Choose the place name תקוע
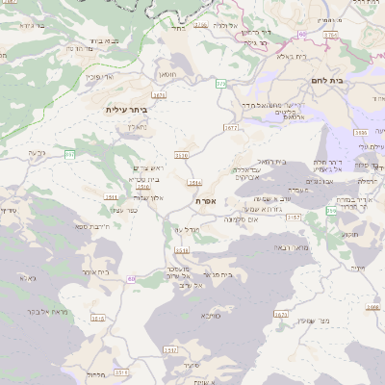349,234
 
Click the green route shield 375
220,84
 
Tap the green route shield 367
70,154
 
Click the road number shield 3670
181,154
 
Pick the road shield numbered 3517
170,351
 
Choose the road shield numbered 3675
282,314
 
